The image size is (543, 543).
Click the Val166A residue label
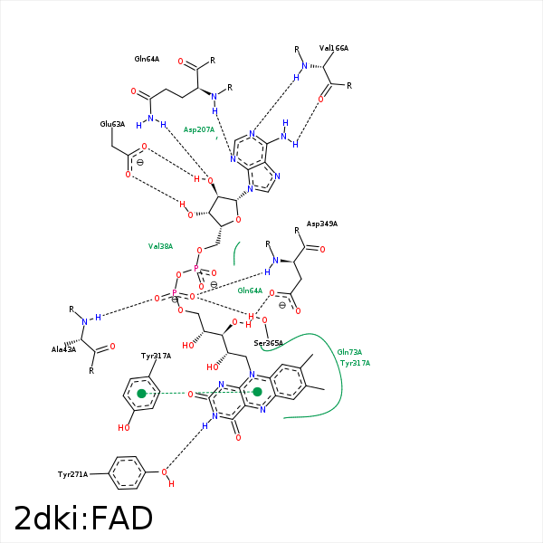point(334,48)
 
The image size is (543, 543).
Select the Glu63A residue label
point(112,124)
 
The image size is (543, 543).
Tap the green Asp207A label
point(199,129)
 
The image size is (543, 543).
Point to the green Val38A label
point(160,246)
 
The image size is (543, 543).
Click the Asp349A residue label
point(321,224)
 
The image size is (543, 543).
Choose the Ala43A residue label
point(63,349)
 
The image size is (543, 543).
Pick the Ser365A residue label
point(268,343)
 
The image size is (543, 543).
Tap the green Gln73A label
point(349,352)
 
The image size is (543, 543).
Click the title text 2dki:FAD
point(83,518)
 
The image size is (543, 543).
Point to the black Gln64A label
point(147,59)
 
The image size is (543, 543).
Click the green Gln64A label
point(250,291)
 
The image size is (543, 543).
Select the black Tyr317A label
point(156,356)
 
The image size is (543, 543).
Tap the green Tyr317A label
point(355,363)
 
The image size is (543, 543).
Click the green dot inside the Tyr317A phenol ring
point(141,394)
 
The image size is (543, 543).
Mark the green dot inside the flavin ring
point(257,392)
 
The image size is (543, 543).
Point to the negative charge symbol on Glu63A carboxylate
point(138,164)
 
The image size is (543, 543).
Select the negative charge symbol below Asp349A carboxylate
point(282,305)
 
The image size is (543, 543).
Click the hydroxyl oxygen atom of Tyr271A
point(164,472)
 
